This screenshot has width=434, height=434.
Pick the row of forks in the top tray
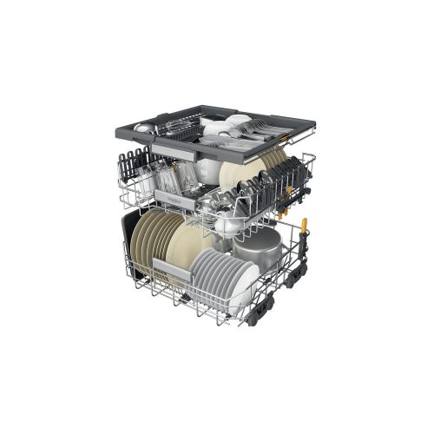tap(258, 130)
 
